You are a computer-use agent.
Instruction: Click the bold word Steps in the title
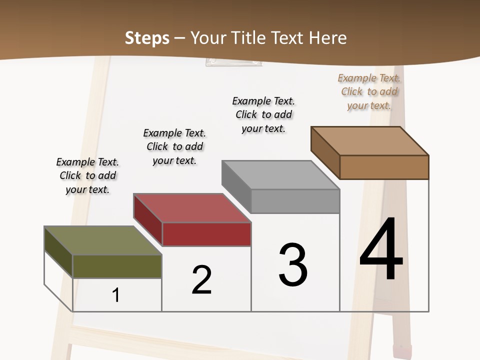point(147,38)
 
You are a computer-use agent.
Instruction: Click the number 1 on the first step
point(116,295)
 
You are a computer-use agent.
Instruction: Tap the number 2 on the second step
point(202,280)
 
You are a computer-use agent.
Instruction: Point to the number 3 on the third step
point(293,265)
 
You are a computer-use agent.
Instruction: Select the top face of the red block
point(192,208)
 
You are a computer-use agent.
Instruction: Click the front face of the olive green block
point(117,266)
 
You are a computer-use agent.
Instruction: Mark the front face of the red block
point(206,234)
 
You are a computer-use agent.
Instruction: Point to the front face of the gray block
point(295,201)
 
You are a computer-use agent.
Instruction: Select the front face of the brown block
point(384,167)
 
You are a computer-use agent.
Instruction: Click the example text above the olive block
point(87,175)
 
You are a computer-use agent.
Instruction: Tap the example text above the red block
point(174,146)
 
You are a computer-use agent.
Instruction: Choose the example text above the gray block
point(263,114)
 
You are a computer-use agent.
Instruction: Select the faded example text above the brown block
point(369,91)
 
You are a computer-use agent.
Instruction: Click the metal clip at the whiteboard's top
point(233,62)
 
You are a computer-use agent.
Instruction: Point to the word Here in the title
point(328,38)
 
